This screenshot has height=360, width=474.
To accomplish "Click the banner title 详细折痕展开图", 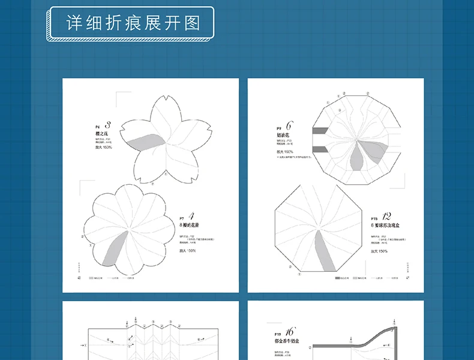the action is [132, 24].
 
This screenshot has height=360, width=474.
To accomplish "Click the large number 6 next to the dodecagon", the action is [289, 127].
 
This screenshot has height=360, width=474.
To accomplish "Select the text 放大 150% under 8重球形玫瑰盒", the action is [379, 251].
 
